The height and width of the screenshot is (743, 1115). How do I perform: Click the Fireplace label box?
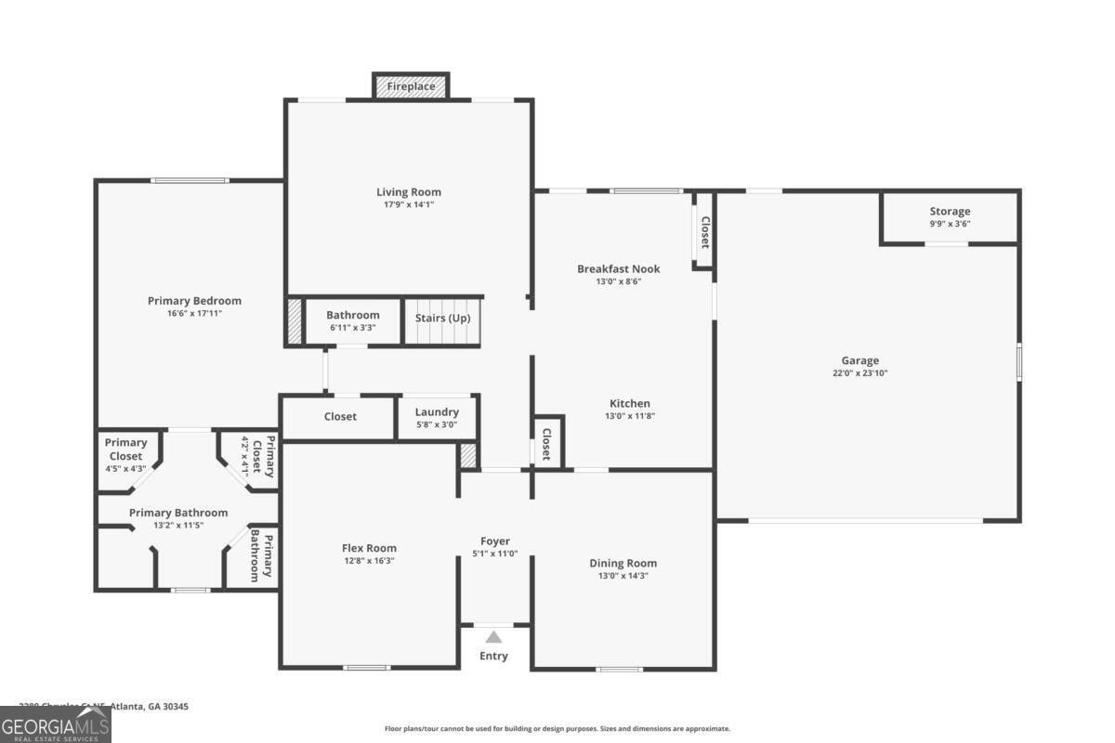pyautogui.click(x=411, y=86)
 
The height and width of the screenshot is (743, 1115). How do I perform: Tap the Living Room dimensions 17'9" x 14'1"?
pyautogui.click(x=408, y=204)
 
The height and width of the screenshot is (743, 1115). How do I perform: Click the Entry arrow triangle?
pyautogui.click(x=494, y=637)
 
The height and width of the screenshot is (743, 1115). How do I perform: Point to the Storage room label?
pyautogui.click(x=950, y=212)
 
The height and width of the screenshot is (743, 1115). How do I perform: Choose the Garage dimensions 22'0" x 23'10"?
pyautogui.click(x=860, y=373)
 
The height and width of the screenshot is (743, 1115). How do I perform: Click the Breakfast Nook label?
pyautogui.click(x=618, y=268)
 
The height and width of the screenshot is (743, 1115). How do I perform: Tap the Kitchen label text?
pyautogui.click(x=629, y=403)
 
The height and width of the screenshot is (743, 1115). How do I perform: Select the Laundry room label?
pyautogui.click(x=437, y=412)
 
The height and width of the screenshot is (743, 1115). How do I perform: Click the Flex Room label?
pyautogui.click(x=369, y=548)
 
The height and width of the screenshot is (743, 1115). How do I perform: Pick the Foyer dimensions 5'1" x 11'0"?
pyautogui.click(x=494, y=554)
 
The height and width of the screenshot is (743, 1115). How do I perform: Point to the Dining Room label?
pyautogui.click(x=623, y=563)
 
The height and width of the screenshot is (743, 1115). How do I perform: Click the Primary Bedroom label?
pyautogui.click(x=194, y=301)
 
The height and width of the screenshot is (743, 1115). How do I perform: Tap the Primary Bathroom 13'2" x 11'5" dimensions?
pyautogui.click(x=178, y=526)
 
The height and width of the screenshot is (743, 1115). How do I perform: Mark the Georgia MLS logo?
pyautogui.click(x=56, y=724)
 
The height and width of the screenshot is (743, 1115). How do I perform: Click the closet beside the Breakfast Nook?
pyautogui.click(x=704, y=231)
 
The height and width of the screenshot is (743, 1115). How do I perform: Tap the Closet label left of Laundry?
pyautogui.click(x=340, y=416)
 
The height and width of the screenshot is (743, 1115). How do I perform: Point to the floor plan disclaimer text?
pyautogui.click(x=557, y=729)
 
